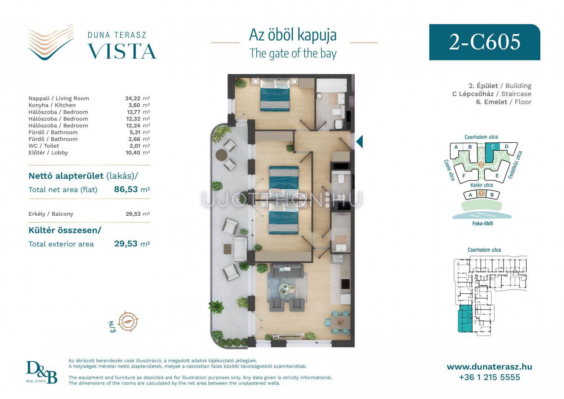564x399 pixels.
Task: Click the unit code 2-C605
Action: [x=485, y=42]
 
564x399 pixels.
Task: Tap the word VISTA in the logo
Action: [x=122, y=51]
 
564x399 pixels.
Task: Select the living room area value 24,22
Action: [x=133, y=99]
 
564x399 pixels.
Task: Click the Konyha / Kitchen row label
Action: [x=52, y=105]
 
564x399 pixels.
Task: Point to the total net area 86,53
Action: [x=126, y=189]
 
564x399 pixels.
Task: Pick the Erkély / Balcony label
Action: [x=51, y=214]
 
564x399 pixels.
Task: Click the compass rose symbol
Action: [x=128, y=321]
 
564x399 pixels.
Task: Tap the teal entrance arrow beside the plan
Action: [x=359, y=141]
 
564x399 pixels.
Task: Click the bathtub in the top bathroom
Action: [x=331, y=86]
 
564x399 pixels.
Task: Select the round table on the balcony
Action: [x=222, y=155]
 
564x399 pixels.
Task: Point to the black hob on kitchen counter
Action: [x=345, y=284]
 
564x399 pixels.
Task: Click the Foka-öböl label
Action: [x=482, y=224]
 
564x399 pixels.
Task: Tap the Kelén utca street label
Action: [x=482, y=185]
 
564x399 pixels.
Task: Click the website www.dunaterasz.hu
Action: [x=489, y=367]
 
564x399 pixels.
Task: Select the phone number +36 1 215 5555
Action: [x=489, y=377]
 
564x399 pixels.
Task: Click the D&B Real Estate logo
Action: [x=42, y=372]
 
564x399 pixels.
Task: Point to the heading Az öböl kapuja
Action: [x=293, y=35]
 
